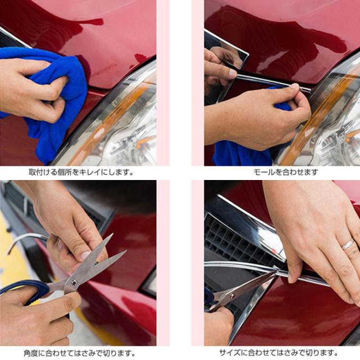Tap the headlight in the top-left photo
click(127, 124)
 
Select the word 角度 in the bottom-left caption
click(31, 353)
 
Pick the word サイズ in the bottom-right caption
click(228, 353)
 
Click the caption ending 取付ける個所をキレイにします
click(81, 172)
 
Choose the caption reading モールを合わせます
click(285, 172)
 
